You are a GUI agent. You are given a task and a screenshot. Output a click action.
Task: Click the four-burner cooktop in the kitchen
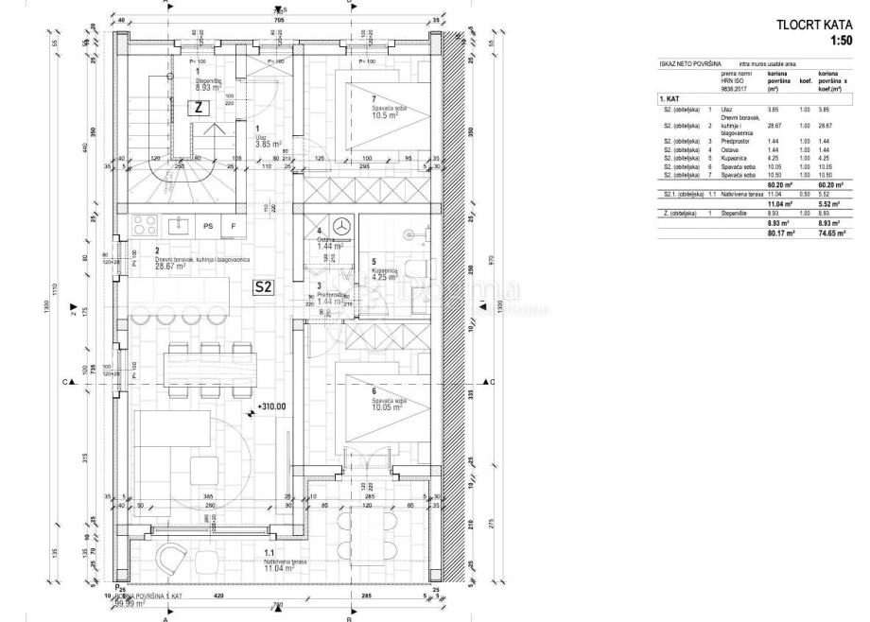[x=144, y=225]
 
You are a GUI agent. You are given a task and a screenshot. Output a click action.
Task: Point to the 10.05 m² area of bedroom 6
[x=362, y=408]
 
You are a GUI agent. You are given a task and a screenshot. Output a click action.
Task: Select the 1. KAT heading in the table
[x=671, y=98]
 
